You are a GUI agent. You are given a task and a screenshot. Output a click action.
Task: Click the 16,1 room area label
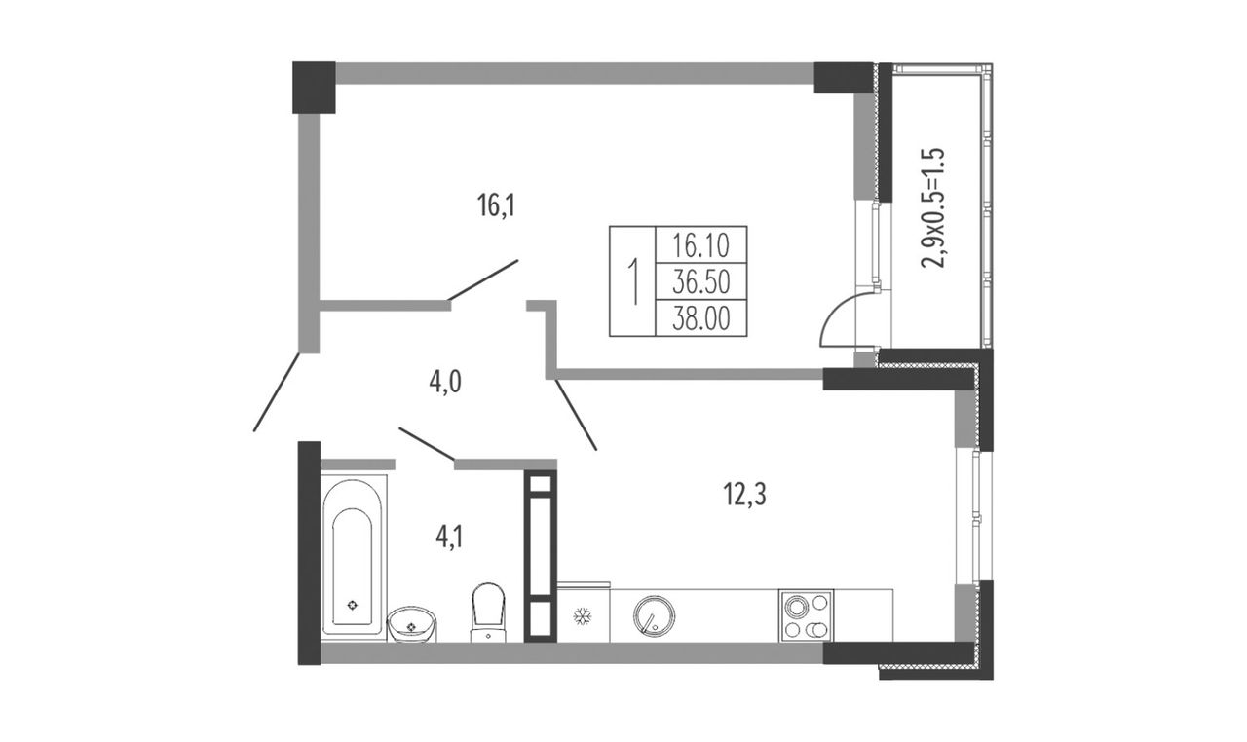tap(497, 205)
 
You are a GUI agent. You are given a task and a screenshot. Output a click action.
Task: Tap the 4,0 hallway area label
tap(445, 383)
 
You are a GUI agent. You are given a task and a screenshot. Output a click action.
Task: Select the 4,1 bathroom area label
tap(449, 538)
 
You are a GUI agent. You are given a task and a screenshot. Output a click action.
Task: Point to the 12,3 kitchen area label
tap(744, 495)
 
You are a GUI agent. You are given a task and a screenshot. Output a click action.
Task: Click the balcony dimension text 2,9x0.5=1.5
tap(933, 207)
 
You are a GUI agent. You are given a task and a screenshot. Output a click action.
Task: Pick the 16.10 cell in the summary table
tap(700, 245)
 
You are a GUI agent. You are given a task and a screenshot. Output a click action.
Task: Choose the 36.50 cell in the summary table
tap(700, 282)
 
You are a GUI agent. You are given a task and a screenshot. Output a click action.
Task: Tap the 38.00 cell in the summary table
tap(700, 319)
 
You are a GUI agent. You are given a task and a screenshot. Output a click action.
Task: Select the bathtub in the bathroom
tap(354, 558)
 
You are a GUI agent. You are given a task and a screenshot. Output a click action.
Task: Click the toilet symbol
tap(488, 612)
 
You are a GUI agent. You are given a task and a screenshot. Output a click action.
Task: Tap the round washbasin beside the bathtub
tap(412, 624)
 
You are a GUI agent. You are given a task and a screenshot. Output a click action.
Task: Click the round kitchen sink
tap(654, 616)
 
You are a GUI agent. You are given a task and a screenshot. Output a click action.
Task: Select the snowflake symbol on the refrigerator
tap(583, 615)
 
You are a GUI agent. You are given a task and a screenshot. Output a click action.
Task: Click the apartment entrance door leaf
tap(278, 391)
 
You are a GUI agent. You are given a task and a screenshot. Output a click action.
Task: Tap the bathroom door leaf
tap(427, 444)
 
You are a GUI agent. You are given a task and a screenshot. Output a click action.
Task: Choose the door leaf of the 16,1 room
tap(483, 280)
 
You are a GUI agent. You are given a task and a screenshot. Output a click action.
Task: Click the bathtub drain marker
tap(352, 605)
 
